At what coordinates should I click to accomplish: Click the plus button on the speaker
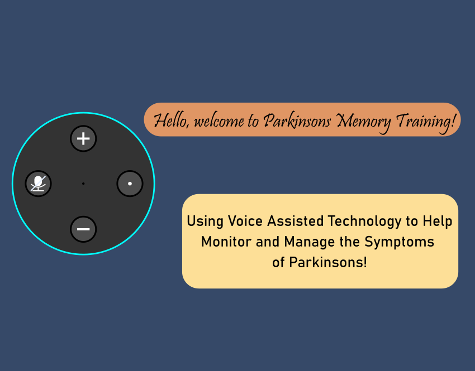pos(83,139)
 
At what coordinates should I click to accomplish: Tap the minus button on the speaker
pos(83,229)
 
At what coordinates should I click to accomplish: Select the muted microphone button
pos(38,184)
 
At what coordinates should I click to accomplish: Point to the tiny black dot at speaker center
pos(83,184)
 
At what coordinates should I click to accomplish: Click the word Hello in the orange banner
pos(172,120)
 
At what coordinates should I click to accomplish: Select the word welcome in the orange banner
pos(218,122)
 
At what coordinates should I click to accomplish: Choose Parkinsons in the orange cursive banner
pos(297,121)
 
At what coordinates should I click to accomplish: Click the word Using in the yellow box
pos(205,221)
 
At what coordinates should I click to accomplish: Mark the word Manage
pos(309,242)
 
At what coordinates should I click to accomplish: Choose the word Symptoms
pos(399,242)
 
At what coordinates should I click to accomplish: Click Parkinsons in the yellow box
pos(328,262)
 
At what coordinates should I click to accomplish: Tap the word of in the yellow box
pos(278,262)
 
